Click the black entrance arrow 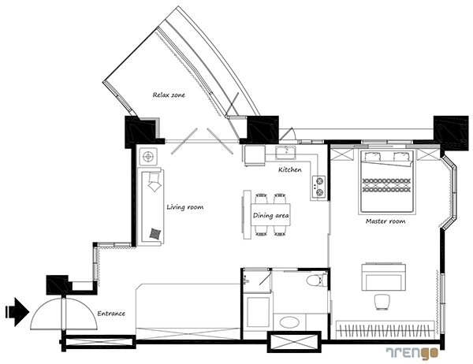(17, 312)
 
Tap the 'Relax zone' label (169, 95)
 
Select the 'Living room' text (185, 207)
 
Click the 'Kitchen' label (289, 169)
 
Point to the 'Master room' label (385, 221)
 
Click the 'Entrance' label (111, 314)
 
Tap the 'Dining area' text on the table (270, 216)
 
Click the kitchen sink (285, 152)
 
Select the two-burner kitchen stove (318, 187)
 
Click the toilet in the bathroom (316, 280)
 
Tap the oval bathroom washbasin (289, 321)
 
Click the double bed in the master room (385, 182)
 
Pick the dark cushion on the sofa (155, 233)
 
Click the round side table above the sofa (148, 157)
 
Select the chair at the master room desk (382, 302)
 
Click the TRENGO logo (412, 353)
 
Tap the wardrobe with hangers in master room (385, 330)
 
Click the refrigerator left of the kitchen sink (255, 156)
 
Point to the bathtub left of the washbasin (259, 313)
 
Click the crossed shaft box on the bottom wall (294, 342)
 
